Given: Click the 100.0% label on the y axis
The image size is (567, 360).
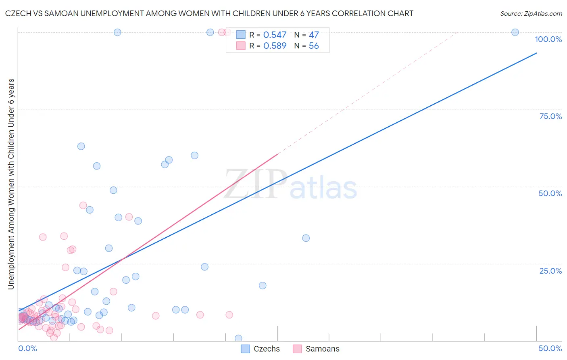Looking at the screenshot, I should point(548,39).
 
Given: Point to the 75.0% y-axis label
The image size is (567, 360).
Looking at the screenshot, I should point(550,116).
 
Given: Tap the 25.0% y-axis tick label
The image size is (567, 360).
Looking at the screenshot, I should point(550,271).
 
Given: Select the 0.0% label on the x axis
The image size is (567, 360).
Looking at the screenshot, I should point(27,348).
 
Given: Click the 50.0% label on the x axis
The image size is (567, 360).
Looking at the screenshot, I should point(550,348).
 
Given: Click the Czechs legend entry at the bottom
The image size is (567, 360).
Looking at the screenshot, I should point(261,349).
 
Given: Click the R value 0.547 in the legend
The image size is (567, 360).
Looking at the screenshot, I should point(275,35).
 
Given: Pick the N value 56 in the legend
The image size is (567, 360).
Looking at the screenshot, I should point(314,46).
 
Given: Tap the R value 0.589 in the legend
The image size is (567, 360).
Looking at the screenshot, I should point(275,46).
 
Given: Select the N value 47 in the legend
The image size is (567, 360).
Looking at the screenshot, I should point(314,35).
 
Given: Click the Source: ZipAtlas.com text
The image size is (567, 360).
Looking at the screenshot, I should point(531,14).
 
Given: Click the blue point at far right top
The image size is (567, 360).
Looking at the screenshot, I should point(515,32).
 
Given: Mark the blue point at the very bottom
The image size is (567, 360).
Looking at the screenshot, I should point(238,338).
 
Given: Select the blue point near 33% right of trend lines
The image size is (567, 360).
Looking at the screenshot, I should point(306,238).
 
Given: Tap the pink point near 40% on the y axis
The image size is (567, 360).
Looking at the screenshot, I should point(129,217).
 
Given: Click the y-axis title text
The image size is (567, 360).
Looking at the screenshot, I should point(11,184).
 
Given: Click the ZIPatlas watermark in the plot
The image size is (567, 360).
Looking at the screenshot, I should point(290,185).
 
